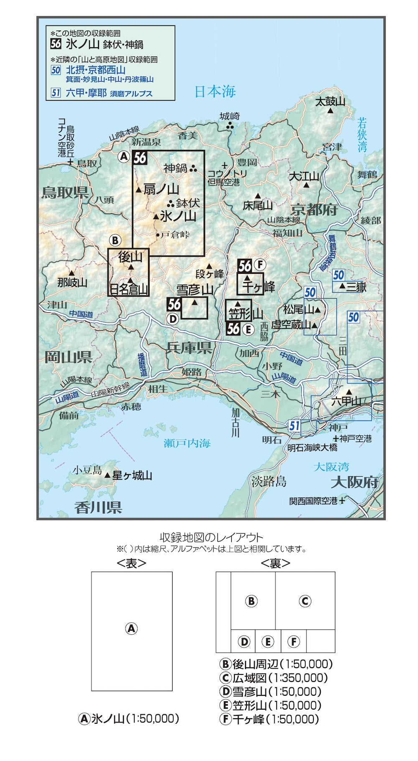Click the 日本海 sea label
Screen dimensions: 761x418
point(215,92)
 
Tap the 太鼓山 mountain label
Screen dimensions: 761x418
point(330,102)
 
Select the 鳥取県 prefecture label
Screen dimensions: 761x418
point(65,192)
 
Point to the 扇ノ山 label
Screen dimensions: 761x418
point(161,189)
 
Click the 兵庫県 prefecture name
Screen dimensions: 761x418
point(189,347)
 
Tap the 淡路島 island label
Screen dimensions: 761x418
point(269,482)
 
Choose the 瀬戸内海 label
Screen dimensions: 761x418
point(187,443)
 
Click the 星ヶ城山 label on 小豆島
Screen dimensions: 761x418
point(132,475)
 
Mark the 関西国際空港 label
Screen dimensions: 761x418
point(313,501)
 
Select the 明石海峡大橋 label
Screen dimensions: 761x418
point(312,447)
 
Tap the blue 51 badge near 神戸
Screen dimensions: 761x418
point(294,426)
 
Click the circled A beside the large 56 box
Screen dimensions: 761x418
point(124,156)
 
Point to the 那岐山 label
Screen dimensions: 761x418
point(72,283)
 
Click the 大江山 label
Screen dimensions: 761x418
point(304,176)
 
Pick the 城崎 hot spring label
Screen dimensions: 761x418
point(230,116)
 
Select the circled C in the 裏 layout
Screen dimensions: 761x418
point(305,601)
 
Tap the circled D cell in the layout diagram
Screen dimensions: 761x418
point(244,641)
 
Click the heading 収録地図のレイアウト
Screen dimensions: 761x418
point(212,537)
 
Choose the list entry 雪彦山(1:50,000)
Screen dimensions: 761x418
point(270,692)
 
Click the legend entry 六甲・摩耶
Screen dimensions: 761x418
point(86,93)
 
